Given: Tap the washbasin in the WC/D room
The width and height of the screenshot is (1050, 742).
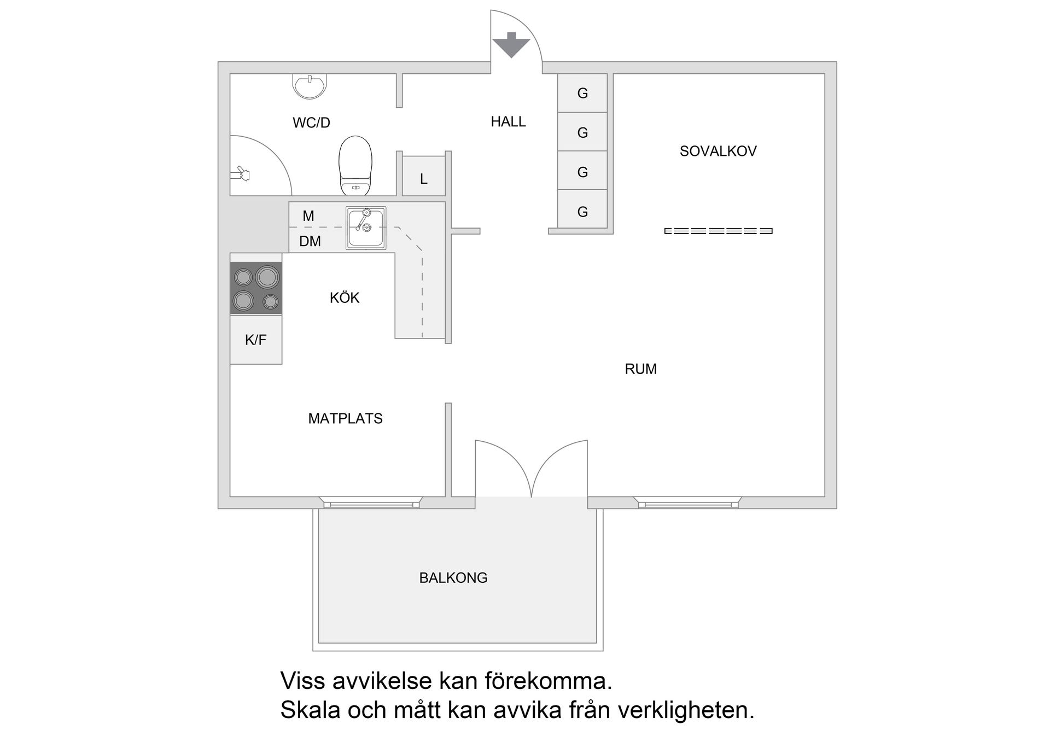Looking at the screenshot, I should [310, 86].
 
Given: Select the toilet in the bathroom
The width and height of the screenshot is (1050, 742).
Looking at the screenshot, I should [355, 166].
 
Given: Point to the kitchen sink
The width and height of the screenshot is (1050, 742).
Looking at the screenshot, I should [365, 228].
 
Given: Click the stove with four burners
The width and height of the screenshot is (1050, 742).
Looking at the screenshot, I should [256, 288].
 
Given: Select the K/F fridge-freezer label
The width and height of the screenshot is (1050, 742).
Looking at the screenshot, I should [255, 340].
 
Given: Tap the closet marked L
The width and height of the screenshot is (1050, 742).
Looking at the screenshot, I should [423, 179].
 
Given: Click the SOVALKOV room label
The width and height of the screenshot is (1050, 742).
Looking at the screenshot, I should [717, 151].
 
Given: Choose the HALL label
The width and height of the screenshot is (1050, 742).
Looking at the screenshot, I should [508, 122].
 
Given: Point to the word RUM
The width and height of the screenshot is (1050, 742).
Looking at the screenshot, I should [640, 369].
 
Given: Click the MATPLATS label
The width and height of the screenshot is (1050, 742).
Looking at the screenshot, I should [345, 419].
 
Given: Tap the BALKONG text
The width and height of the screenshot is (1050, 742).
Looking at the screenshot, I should [453, 578].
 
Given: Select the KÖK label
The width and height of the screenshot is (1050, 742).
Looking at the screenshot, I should [345, 298].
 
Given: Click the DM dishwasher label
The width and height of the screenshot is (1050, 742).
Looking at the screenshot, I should [310, 241].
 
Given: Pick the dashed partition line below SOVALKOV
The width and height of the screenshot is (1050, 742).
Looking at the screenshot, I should [718, 231].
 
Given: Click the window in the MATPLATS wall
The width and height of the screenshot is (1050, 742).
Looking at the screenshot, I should [371, 503].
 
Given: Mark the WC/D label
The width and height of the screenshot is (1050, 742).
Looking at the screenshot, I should [311, 123].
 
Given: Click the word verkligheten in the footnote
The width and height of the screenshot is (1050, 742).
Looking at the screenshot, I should [686, 710].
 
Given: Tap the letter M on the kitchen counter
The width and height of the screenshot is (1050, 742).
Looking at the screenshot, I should [308, 216].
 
